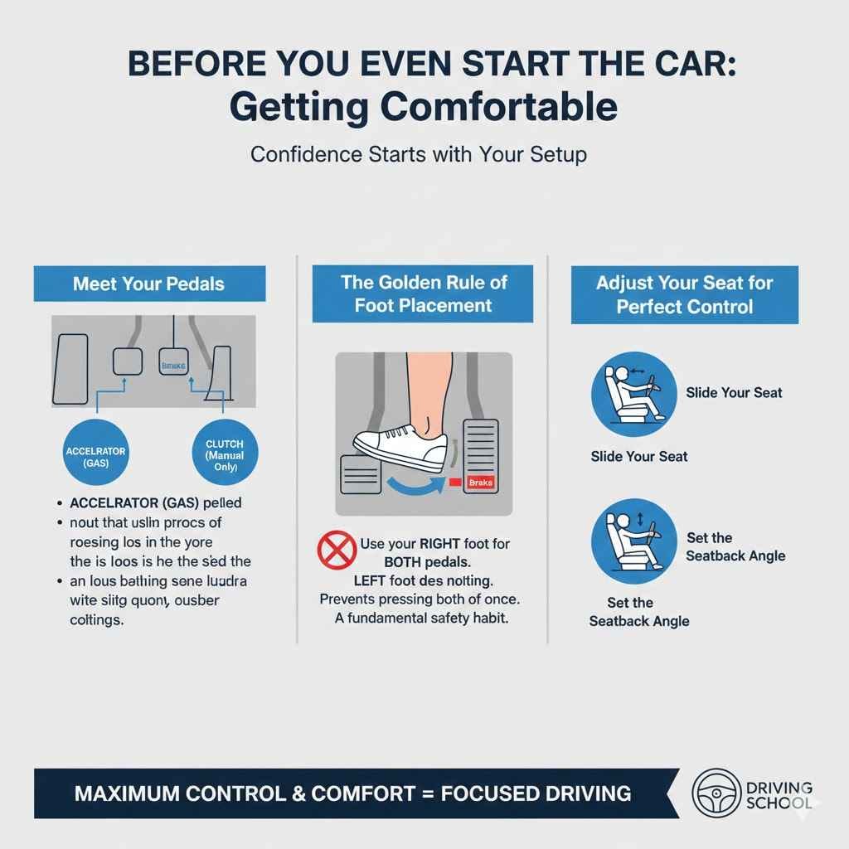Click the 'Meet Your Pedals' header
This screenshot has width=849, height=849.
[148, 284]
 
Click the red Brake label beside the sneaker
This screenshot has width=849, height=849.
[480, 482]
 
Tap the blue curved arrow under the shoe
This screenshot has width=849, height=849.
[403, 483]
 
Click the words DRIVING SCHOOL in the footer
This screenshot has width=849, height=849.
[779, 795]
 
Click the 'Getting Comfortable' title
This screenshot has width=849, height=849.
[423, 109]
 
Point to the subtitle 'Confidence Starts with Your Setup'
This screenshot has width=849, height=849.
[419, 155]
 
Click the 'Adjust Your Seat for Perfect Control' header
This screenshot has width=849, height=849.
[684, 294]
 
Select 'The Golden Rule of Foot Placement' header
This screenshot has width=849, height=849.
[423, 294]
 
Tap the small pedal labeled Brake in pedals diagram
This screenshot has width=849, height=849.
[173, 362]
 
